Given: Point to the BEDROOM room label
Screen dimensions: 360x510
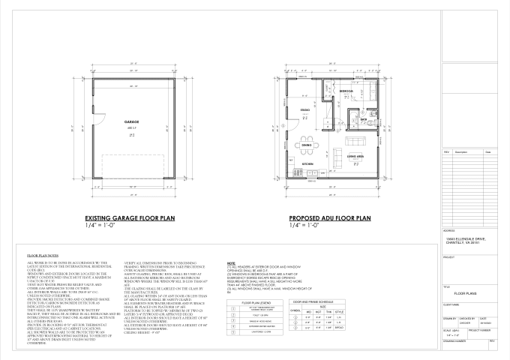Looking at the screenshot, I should click(346, 90).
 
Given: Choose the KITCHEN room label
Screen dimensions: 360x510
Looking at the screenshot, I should click(307, 163).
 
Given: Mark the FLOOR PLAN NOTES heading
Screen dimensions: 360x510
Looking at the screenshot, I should click(43, 256).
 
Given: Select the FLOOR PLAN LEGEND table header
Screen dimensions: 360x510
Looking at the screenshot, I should click(245, 302).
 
